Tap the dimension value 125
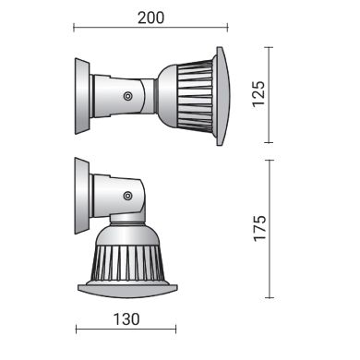259,93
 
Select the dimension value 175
259,229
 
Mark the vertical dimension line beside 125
269,93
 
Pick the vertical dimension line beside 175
269,229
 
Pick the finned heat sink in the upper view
189,93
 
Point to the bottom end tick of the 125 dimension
269,143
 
